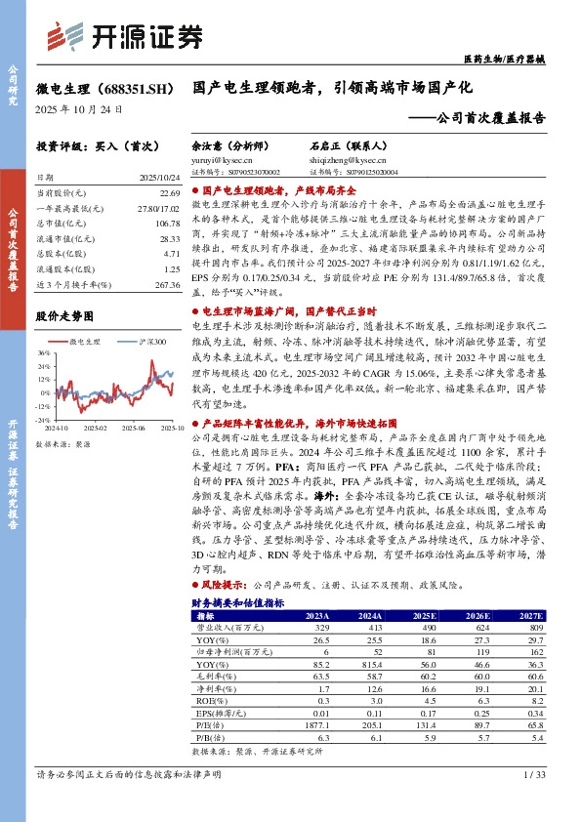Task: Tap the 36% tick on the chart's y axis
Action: (44, 353)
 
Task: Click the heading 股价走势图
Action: (64, 316)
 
